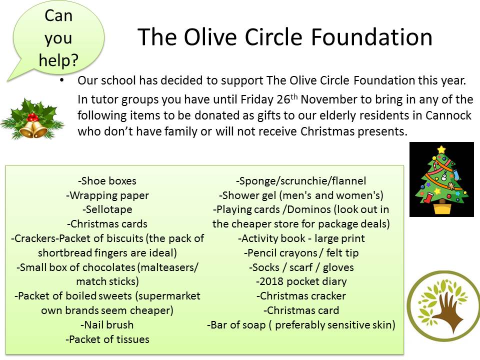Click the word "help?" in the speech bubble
point(58,60)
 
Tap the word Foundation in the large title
point(371,37)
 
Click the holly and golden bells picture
point(32,118)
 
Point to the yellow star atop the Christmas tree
point(441,149)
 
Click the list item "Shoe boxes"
point(107,180)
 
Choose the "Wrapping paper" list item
point(107,195)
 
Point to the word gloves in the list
point(338,267)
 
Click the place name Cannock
point(448,115)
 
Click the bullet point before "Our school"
point(62,80)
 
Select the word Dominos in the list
point(309,209)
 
